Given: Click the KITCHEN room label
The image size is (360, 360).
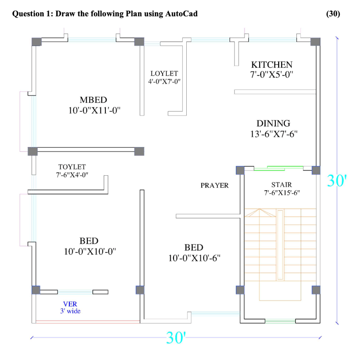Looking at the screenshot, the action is pyautogui.click(x=272, y=65).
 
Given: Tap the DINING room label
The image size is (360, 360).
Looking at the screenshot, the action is pyautogui.click(x=274, y=123).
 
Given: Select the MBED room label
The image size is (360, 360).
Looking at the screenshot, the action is pyautogui.click(x=94, y=100).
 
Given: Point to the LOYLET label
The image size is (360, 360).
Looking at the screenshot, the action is pyautogui.click(x=164, y=73).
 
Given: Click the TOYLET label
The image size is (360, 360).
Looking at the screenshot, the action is pyautogui.click(x=72, y=167).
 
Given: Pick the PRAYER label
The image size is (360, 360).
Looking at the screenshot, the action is pyautogui.click(x=214, y=185).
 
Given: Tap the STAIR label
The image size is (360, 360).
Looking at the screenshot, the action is pyautogui.click(x=282, y=185).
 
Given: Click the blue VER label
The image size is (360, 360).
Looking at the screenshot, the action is pyautogui.click(x=70, y=304).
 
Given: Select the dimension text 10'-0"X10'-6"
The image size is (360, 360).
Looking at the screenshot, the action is pyautogui.click(x=194, y=258).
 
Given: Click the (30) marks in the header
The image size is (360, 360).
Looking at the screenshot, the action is pyautogui.click(x=333, y=14).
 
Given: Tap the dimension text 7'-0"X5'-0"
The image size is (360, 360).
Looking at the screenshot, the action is pyautogui.click(x=272, y=75).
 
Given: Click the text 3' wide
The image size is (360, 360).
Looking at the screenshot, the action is pyautogui.click(x=70, y=311).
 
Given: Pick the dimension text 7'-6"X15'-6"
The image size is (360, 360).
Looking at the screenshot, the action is pyautogui.click(x=282, y=193).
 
